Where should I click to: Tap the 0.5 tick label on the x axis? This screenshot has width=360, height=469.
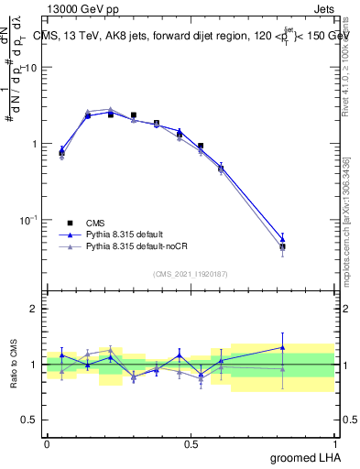pos(191,443)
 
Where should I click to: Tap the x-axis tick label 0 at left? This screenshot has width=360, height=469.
pos(47,443)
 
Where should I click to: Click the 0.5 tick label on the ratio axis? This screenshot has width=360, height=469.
pos(30,420)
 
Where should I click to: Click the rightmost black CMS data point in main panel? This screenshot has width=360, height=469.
pos(282,246)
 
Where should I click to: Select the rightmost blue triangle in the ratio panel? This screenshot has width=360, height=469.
pos(282,347)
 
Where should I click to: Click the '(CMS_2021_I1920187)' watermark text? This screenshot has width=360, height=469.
pos(191,274)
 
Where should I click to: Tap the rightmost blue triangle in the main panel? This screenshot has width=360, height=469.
pos(282,239)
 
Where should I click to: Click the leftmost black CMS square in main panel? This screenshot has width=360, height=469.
pos(61,153)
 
